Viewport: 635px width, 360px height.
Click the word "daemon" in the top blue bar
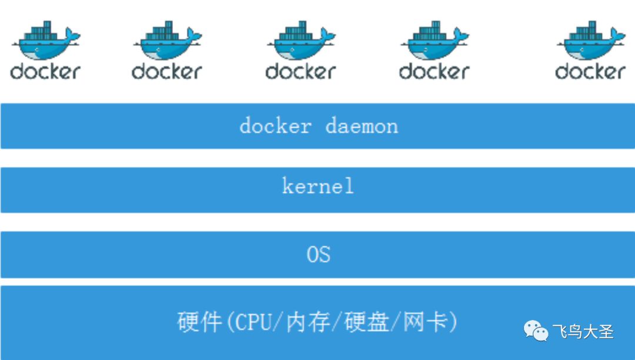point(362,126)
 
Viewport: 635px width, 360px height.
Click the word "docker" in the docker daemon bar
point(276,126)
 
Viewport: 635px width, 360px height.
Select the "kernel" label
point(318,186)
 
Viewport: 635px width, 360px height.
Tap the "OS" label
point(318,255)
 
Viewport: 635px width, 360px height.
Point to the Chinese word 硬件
point(199,322)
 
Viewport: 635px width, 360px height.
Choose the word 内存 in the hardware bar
point(308,322)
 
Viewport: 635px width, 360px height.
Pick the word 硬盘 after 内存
point(366,322)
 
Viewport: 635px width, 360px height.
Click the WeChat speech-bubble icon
point(536,331)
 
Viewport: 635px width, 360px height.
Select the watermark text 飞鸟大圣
point(583,332)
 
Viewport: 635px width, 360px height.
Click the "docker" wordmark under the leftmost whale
point(45,72)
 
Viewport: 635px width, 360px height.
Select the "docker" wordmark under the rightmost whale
point(590,72)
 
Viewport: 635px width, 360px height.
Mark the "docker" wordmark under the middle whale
point(300,72)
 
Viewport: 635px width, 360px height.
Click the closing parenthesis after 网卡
point(453,322)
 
